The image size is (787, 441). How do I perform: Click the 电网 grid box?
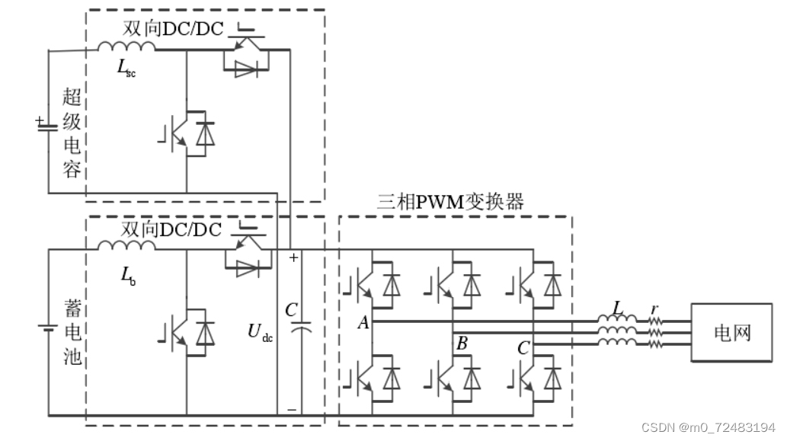coord(731,333)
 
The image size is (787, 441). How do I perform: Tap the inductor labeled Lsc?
coord(126,46)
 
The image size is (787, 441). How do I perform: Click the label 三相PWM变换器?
coord(451,202)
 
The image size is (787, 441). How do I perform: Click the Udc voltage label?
coord(260,332)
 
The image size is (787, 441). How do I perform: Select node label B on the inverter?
coord(461,344)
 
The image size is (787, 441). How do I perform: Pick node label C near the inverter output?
coord(523,349)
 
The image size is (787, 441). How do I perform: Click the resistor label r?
coord(653,309)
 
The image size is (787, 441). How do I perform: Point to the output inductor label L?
coord(618,308)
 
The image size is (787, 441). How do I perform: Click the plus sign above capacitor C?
coord(293,258)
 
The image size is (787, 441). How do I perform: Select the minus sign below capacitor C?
coord(293,409)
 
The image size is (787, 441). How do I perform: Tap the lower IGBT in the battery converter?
coord(187,334)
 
